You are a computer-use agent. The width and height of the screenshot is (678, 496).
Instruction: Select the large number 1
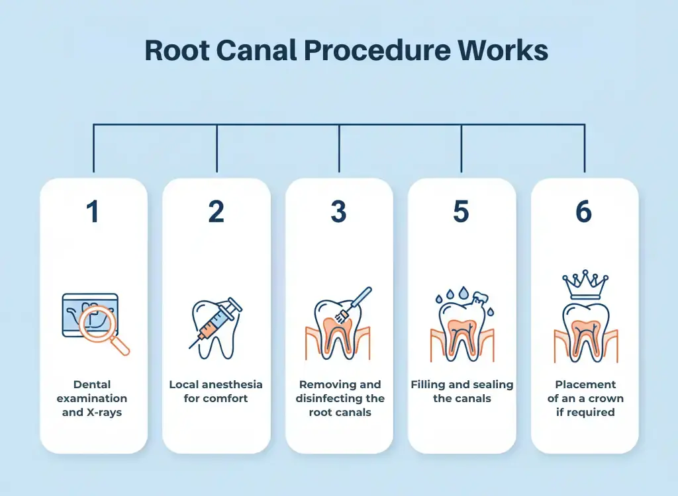(93, 212)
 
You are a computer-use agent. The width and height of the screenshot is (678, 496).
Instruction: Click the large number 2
(216, 212)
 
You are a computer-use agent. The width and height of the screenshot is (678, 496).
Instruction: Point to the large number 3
(338, 212)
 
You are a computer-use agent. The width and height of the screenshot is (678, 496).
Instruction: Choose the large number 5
(461, 212)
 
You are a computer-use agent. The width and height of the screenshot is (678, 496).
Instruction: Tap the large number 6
(584, 212)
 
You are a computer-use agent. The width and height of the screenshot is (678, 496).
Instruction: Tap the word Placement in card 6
(585, 385)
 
